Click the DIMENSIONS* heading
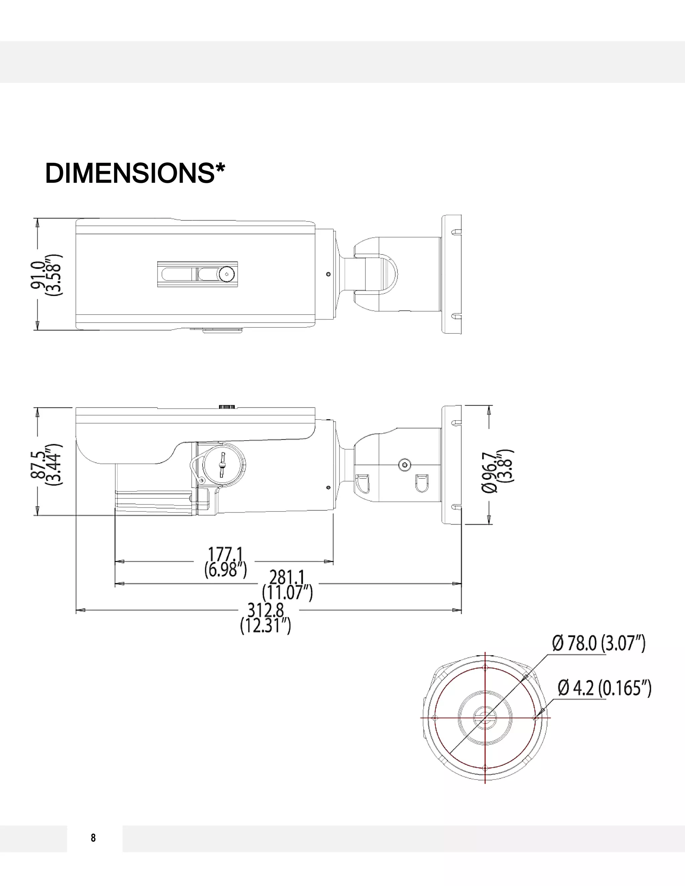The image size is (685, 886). (135, 174)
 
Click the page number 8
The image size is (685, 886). (93, 838)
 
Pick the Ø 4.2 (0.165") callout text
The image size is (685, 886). (604, 688)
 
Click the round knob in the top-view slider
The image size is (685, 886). (226, 274)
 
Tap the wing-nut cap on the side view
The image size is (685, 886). (223, 464)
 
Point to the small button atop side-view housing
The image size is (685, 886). (227, 407)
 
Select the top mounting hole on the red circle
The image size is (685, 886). (485, 667)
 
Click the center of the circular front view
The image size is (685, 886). (485, 717)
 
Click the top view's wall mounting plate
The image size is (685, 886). (451, 274)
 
